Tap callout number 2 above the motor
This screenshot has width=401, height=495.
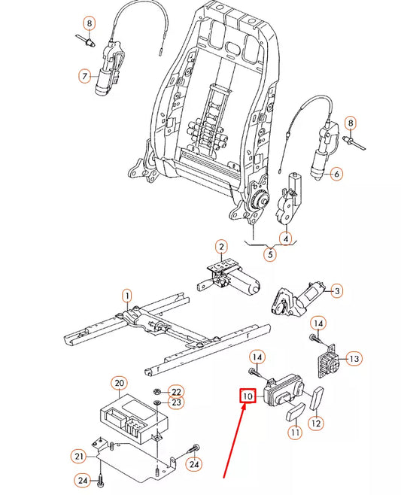click(x=221, y=246)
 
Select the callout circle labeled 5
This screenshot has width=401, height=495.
click(x=270, y=254)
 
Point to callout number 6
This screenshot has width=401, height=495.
click(x=336, y=174)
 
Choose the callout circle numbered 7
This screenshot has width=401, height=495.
click(x=84, y=76)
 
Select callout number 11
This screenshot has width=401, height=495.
click(x=294, y=432)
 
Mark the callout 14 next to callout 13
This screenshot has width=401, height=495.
click(x=318, y=323)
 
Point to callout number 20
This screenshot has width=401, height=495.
click(x=119, y=383)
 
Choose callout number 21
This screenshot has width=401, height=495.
click(x=79, y=455)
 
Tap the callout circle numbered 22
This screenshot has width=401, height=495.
click(x=175, y=391)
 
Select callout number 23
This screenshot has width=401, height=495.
click(x=175, y=404)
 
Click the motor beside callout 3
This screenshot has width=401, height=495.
click(x=297, y=298)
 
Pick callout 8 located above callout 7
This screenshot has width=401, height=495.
click(x=89, y=23)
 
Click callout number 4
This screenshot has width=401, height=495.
click(x=286, y=239)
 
